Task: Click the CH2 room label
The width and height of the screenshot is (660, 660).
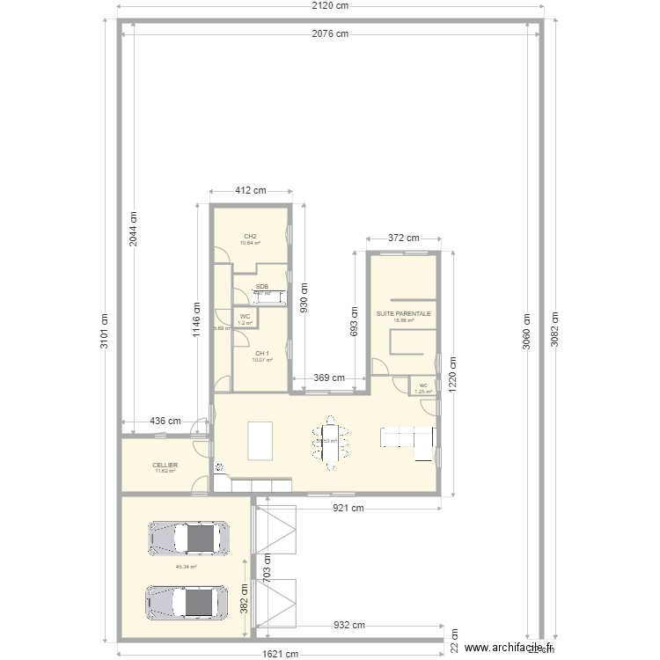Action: click(x=251, y=237)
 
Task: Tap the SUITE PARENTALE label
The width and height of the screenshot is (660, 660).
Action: click(x=403, y=313)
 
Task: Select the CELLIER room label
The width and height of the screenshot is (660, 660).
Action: click(x=165, y=465)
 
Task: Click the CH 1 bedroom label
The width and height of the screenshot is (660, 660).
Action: click(x=262, y=354)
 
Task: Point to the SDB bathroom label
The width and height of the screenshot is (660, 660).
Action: click(x=262, y=287)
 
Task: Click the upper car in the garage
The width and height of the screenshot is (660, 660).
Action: click(x=189, y=538)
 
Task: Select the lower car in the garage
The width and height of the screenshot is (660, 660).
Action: click(x=189, y=602)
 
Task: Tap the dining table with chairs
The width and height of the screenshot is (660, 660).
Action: click(x=332, y=441)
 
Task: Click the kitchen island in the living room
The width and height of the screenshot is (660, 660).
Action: click(x=260, y=440)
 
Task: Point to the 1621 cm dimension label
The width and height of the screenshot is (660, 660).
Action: click(x=280, y=654)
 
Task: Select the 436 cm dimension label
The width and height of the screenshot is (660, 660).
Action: click(x=165, y=422)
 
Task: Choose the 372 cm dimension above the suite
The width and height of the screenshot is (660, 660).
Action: click(x=402, y=238)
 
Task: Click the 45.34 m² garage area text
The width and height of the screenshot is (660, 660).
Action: click(x=186, y=568)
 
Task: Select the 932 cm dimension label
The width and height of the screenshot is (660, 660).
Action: click(x=348, y=626)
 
